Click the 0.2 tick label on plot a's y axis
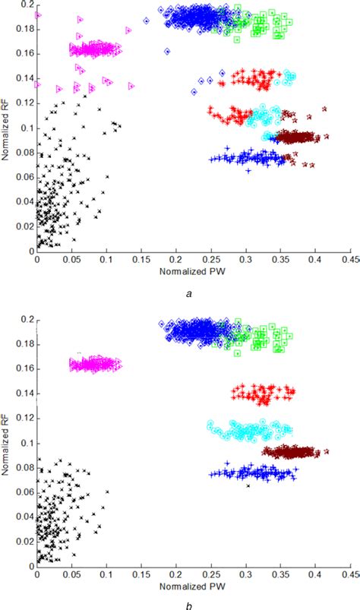coord(27,5)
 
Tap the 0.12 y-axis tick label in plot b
coord(25,418)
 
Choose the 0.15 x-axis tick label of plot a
coord(141,260)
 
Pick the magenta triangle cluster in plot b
coord(95,364)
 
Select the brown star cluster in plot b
coord(291,453)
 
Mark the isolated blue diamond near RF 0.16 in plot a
coord(167,52)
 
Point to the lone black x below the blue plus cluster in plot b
coord(248,485)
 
